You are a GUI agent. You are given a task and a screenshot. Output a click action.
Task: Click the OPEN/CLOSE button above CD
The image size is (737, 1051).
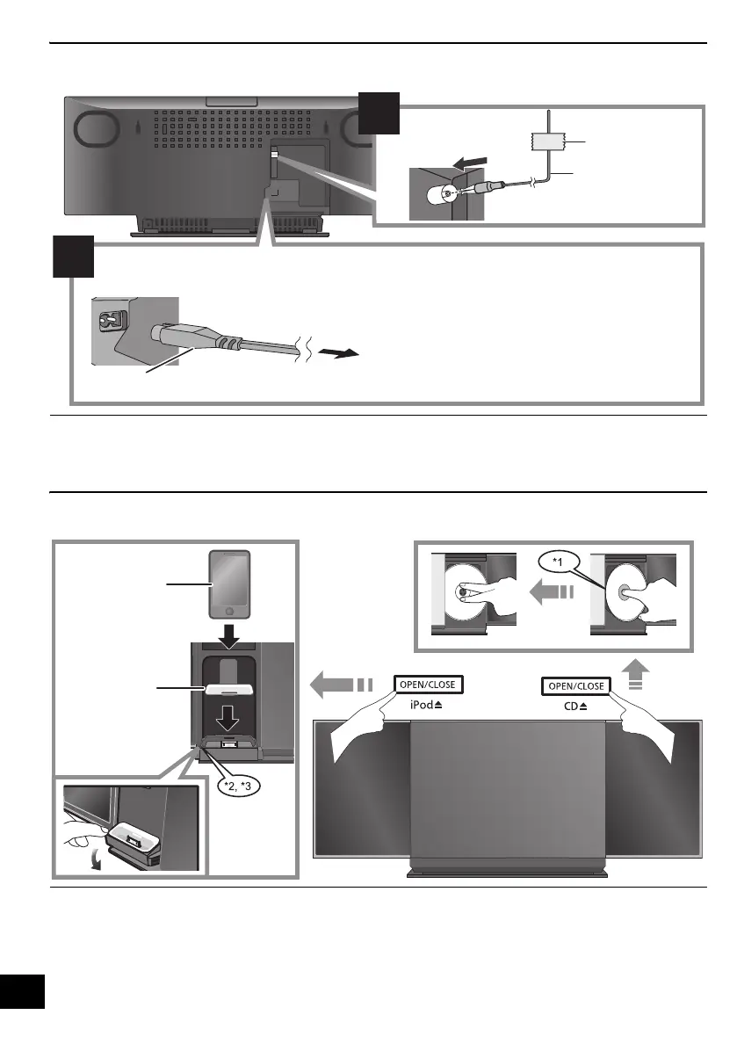[x=575, y=685]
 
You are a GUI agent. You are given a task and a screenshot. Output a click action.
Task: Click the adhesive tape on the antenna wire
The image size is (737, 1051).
[x=547, y=140]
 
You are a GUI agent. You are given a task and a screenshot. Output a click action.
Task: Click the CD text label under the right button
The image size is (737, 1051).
[x=575, y=706]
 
